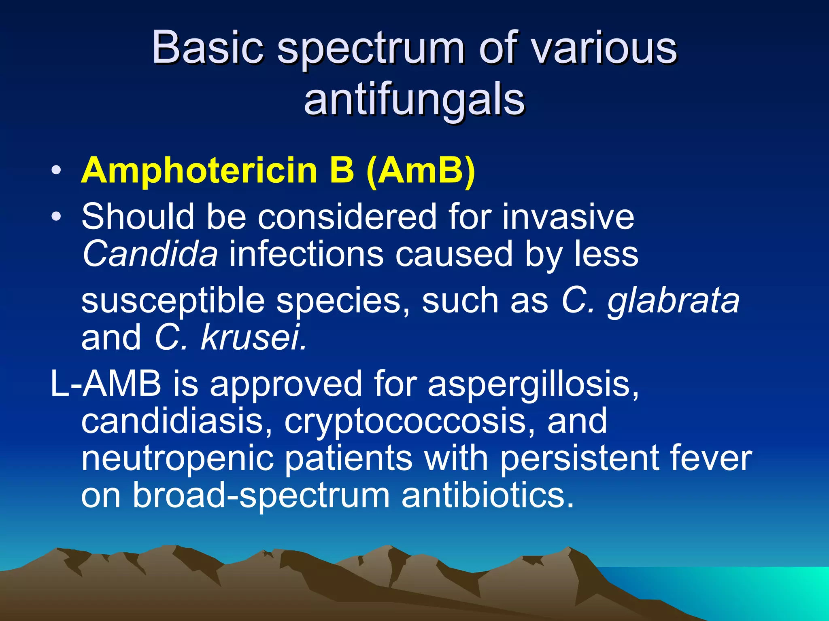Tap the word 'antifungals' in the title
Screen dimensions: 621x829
[x=414, y=100]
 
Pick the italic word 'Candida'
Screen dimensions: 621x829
[x=150, y=254]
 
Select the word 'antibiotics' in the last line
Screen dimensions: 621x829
[x=487, y=495]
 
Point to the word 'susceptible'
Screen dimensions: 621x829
[x=173, y=301]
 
